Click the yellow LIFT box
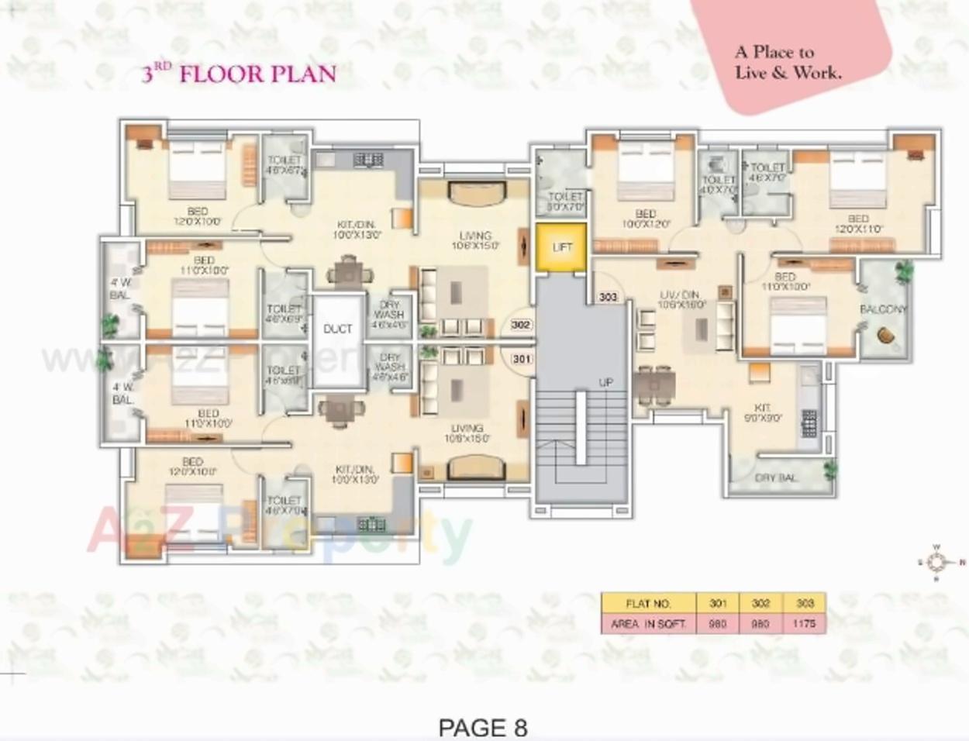[x=561, y=247]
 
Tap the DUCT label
[x=337, y=329]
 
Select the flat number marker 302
[x=521, y=325]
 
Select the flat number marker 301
[x=522, y=358]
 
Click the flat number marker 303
[x=609, y=297]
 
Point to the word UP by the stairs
[x=605, y=382]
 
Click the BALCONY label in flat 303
[x=883, y=309]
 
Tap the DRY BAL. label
[x=775, y=478]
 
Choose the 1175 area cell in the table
[x=805, y=623]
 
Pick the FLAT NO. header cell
[x=648, y=603]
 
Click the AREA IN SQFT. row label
[x=648, y=623]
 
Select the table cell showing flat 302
[x=760, y=603]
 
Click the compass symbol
[x=936, y=562]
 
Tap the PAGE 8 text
[x=482, y=727]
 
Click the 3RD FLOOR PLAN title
[x=239, y=74]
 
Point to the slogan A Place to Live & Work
[x=788, y=63]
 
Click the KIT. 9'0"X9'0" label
[x=764, y=412]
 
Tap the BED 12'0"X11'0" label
[x=857, y=224]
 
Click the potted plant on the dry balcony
[x=830, y=469]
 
